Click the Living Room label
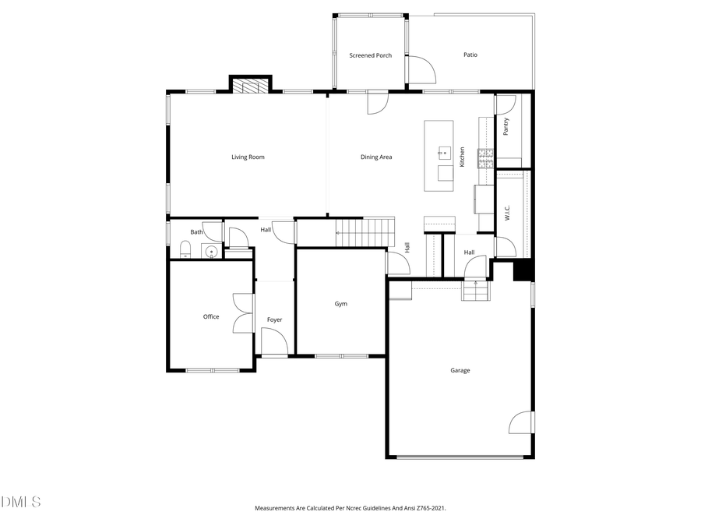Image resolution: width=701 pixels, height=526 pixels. click(x=248, y=157)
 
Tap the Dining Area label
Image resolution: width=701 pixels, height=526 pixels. click(x=376, y=157)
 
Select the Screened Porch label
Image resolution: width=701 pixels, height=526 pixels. click(x=370, y=55)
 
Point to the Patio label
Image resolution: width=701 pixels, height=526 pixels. click(x=470, y=55)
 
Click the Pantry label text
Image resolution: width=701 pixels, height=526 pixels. click(x=505, y=127)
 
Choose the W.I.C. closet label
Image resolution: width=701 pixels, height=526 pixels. click(x=506, y=214)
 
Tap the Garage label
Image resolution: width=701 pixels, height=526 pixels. click(x=460, y=371)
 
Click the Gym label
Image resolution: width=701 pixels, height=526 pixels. click(x=341, y=304)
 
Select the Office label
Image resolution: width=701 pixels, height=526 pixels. click(x=211, y=317)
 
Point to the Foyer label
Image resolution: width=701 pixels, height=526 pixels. click(x=274, y=320)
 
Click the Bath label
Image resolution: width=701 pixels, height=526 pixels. click(x=196, y=232)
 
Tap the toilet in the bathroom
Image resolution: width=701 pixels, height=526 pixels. click(x=185, y=249)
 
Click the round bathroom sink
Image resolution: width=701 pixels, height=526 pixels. click(x=210, y=251)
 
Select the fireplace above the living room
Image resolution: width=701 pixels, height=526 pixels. click(x=250, y=85)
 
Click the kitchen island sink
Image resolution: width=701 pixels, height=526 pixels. click(x=445, y=151)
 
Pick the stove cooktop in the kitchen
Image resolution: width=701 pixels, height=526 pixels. click(x=485, y=159)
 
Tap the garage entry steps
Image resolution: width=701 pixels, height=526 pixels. click(x=474, y=291)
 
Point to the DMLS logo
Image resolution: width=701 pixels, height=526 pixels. click(x=20, y=502)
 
